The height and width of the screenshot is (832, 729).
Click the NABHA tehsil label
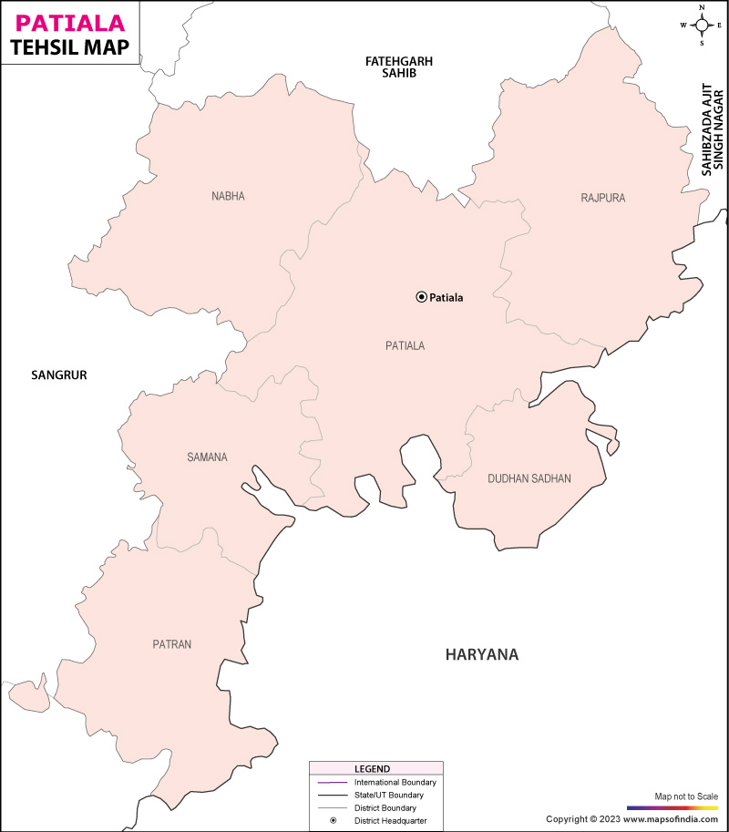tap(228, 196)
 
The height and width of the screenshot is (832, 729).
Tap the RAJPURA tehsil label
tap(603, 198)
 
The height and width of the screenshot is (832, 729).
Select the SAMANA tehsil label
tap(207, 457)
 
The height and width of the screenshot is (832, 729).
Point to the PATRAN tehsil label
tap(172, 644)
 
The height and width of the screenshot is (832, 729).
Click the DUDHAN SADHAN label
tap(529, 478)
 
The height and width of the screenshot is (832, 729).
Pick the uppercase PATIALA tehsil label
tap(406, 345)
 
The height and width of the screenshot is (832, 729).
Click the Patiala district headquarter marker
tap(421, 296)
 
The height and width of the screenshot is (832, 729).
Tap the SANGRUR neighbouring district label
tap(58, 375)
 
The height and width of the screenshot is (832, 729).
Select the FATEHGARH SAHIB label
tap(398, 67)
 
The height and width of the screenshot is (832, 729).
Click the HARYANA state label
tap(481, 654)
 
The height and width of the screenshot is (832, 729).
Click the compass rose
tap(702, 25)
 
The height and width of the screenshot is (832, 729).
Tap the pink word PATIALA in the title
tap(62, 22)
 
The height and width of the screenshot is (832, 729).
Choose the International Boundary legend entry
tap(395, 783)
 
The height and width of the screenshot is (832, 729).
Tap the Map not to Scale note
tap(686, 797)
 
